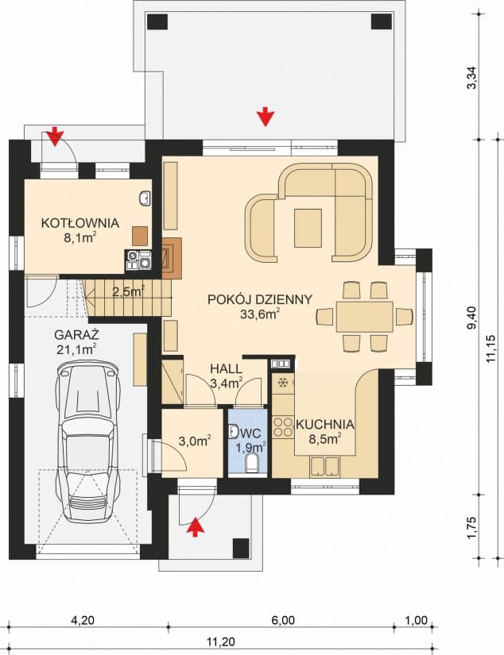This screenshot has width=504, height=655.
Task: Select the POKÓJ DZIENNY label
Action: coord(259,299)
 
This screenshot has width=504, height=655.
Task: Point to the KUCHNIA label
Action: coord(324,424)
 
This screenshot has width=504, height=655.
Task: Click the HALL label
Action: coord(226,369)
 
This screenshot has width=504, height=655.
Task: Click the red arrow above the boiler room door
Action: coord(54,137)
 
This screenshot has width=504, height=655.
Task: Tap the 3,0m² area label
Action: coord(193,440)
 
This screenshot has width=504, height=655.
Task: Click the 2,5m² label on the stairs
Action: coord(127,291)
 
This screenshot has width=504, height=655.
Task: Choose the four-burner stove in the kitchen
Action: coord(282,428)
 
